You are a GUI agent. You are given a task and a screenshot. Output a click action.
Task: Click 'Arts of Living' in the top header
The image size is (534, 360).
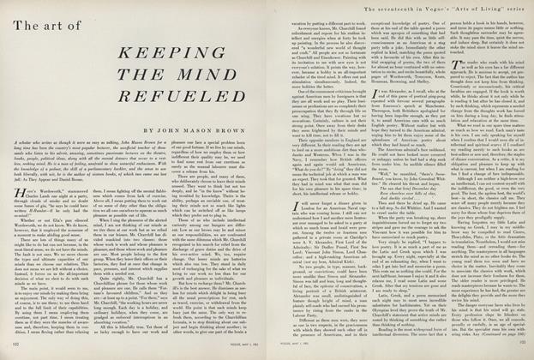pos(472,9)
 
